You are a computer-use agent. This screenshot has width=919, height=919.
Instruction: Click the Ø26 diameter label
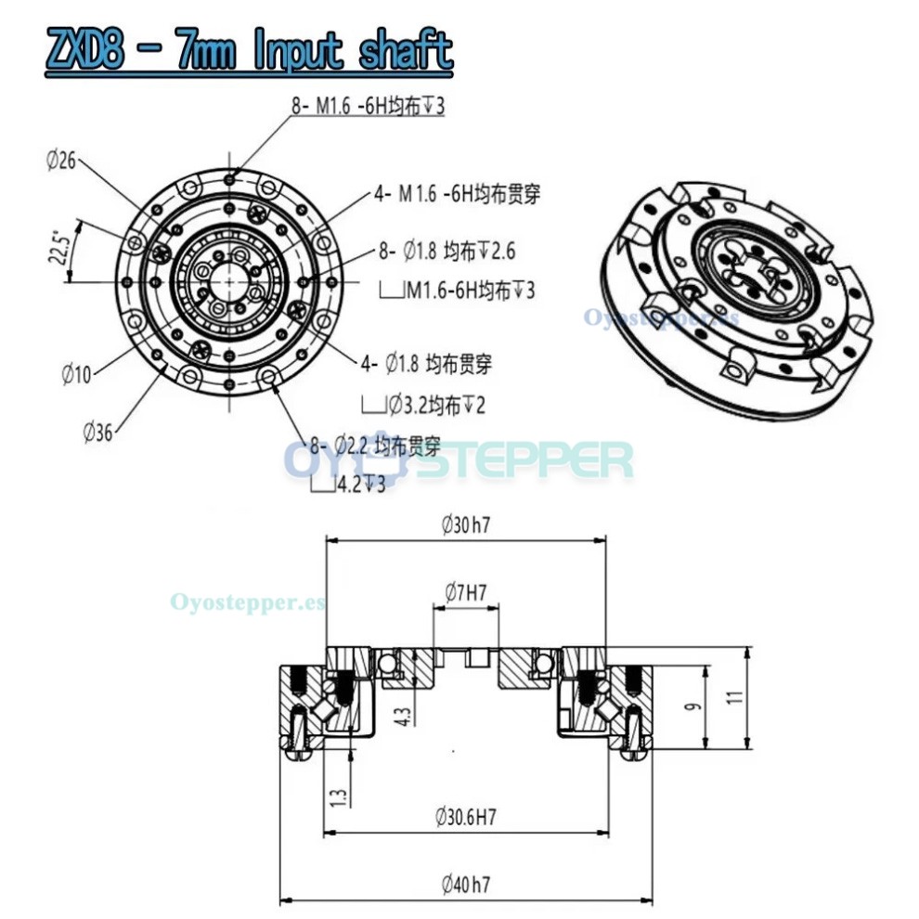60,161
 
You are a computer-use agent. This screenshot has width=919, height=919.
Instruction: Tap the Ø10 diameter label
77,374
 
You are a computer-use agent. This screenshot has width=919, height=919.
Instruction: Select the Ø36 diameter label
98,431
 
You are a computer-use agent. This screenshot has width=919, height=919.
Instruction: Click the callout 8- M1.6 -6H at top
369,107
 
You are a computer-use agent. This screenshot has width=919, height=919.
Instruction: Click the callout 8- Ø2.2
375,446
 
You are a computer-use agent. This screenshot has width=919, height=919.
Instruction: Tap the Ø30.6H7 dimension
465,817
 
